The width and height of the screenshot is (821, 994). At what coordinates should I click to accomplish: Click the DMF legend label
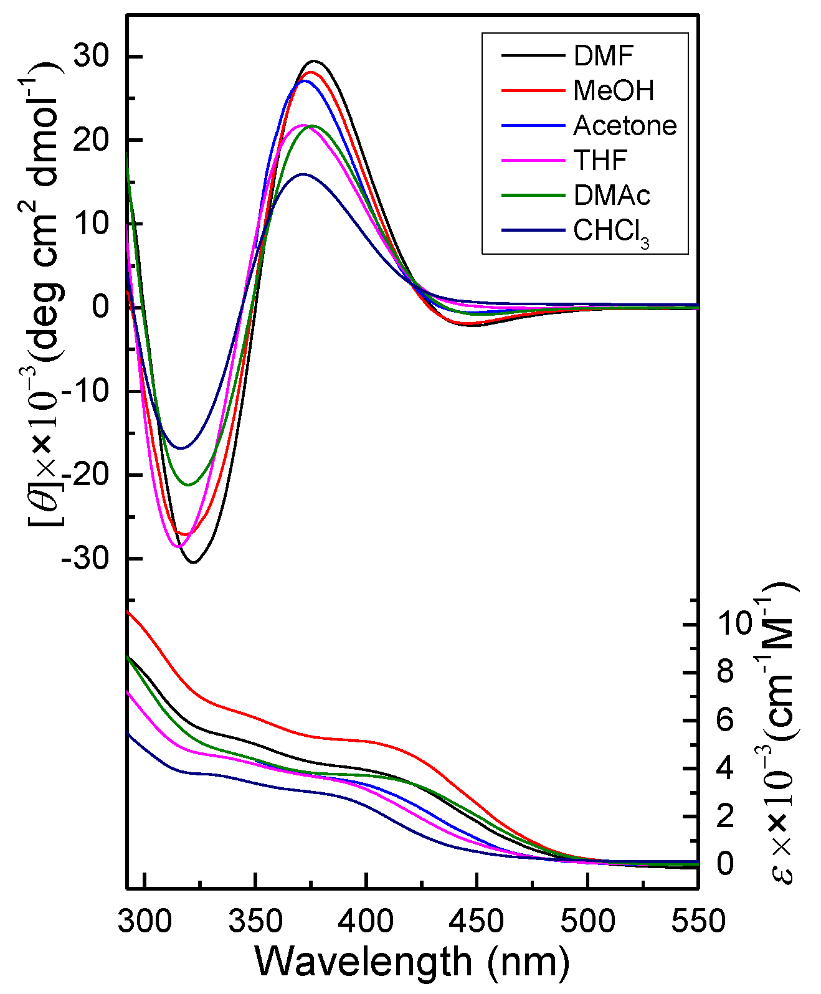(x=603, y=56)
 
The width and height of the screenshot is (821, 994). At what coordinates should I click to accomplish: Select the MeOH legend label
(x=614, y=91)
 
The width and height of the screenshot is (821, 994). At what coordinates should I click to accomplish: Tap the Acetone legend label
(x=625, y=126)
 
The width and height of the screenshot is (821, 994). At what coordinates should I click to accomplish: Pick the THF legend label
(x=600, y=161)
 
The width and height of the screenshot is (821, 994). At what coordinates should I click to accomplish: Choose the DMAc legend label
(x=612, y=196)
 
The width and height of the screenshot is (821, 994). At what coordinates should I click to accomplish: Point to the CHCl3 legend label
(x=611, y=232)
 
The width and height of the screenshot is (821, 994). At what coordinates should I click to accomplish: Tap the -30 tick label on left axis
(x=85, y=559)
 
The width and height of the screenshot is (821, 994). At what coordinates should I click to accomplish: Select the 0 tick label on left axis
(x=100, y=307)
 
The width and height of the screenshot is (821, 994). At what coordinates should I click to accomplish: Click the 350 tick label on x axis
(x=255, y=921)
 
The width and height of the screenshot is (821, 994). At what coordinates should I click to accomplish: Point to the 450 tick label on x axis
(x=477, y=921)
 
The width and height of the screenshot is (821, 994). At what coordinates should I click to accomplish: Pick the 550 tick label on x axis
(x=698, y=921)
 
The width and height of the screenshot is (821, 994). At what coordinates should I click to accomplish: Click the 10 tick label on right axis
(x=735, y=623)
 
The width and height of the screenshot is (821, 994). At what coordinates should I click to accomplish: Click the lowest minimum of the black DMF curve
(x=194, y=563)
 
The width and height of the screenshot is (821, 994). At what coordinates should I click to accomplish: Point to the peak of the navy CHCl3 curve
(x=303, y=174)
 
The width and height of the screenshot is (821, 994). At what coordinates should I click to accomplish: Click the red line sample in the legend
(x=533, y=91)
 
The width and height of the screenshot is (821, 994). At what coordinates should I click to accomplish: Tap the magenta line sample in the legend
(x=533, y=161)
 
